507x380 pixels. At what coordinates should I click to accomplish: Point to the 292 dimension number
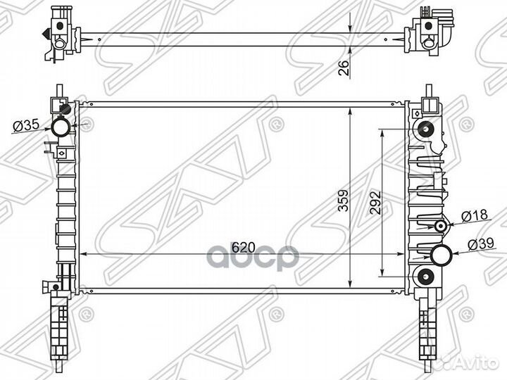coord(375,203)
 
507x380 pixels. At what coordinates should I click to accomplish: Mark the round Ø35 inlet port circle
coord(61,127)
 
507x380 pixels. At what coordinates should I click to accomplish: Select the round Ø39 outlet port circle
coord(443,255)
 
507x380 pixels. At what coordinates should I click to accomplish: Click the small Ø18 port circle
coord(442,227)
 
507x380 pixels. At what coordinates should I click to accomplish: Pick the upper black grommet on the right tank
coord(425,129)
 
